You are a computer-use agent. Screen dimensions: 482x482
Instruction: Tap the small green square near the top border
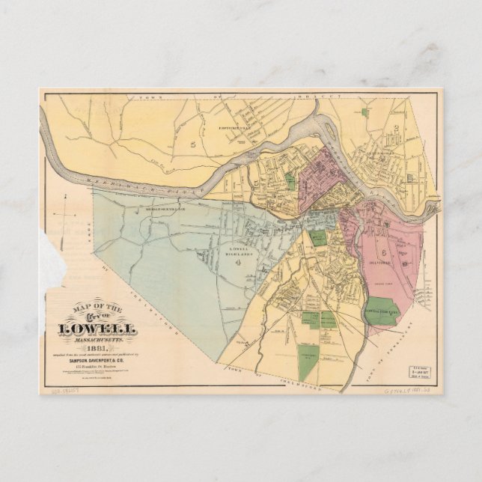[x=365, y=112]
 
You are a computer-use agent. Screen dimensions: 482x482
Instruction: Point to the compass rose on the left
[x=67, y=216]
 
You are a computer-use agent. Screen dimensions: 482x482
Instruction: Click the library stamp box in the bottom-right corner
[x=419, y=372]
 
